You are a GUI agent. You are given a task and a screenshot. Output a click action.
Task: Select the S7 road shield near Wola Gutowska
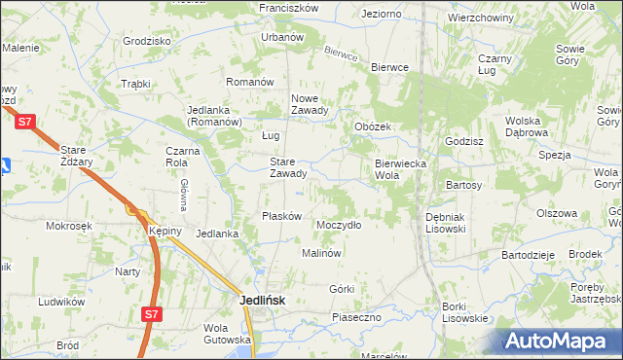(150, 314)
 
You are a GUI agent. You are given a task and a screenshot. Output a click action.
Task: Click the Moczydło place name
(339, 225)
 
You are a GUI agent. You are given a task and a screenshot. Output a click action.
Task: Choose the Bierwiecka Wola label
(401, 170)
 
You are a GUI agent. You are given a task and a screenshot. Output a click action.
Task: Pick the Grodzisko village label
(147, 42)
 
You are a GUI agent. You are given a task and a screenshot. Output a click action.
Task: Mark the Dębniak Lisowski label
(446, 223)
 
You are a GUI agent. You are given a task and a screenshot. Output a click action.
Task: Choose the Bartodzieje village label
(528, 254)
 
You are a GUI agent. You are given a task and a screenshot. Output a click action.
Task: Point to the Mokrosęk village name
(68, 225)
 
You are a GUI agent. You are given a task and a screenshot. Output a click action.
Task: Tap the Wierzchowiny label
(481, 18)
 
